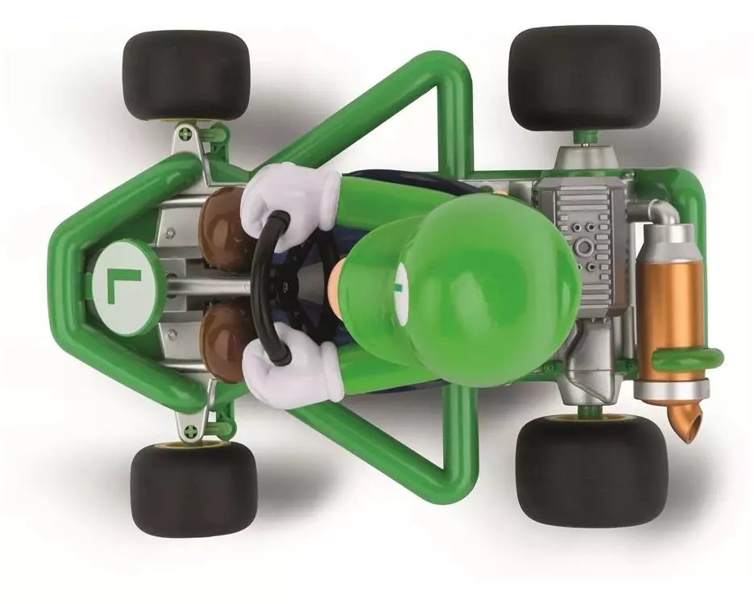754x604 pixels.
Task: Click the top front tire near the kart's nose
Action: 187,76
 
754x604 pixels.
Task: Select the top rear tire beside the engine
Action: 584,78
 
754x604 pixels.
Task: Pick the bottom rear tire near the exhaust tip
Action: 591,471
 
